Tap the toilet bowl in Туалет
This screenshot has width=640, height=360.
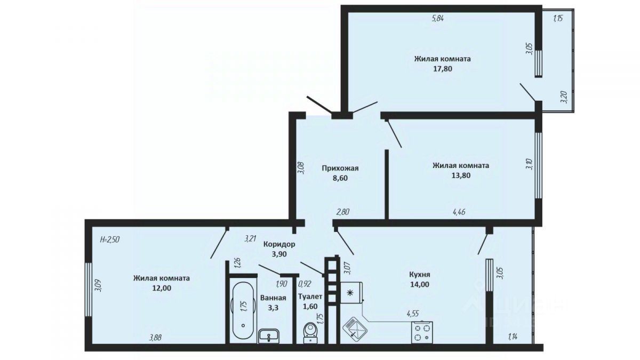(x=309, y=333)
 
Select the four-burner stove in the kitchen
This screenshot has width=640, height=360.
(x=422, y=332)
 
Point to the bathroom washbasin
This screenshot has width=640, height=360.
(x=269, y=336)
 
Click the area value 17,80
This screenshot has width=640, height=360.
(x=443, y=69)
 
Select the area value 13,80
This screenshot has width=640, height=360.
(x=461, y=175)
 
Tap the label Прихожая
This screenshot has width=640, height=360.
(x=340, y=169)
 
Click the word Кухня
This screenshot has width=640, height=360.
(x=419, y=275)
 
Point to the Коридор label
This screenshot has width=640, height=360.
(x=279, y=244)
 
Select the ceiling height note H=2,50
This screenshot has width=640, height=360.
(x=110, y=239)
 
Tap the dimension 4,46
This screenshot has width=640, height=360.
(x=459, y=212)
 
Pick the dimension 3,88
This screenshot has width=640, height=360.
(x=155, y=338)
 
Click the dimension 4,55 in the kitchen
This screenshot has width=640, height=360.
(x=413, y=314)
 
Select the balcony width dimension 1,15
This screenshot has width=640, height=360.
(x=558, y=19)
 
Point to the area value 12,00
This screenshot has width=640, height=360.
(x=162, y=288)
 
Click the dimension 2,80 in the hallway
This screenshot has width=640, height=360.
(x=343, y=212)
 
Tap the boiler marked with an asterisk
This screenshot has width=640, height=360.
(x=351, y=293)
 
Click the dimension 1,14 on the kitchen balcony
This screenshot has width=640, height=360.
(x=513, y=337)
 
